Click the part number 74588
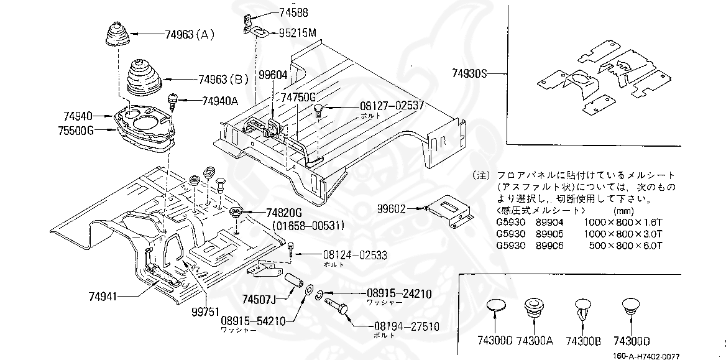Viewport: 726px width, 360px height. (297, 12)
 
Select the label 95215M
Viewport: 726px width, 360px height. (298, 32)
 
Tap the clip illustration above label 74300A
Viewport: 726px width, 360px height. (533, 308)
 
